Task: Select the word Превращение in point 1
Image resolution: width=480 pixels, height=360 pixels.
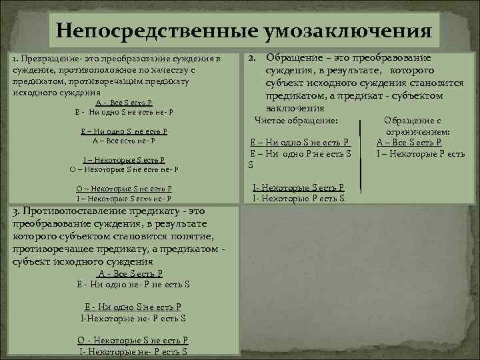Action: [x=46, y=60]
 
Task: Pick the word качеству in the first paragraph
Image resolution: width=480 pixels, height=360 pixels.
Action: [x=171, y=71]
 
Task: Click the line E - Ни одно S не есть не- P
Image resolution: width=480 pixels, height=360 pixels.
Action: [x=124, y=112]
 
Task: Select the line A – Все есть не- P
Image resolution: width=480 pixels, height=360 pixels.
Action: [x=124, y=141]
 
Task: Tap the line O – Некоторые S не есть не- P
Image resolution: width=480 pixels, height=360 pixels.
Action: [x=124, y=169]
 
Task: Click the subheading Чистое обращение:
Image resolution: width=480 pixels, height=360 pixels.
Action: [x=297, y=120]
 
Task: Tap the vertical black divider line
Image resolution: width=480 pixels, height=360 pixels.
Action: [x=361, y=160]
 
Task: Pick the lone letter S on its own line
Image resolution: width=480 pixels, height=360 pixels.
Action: [x=251, y=165]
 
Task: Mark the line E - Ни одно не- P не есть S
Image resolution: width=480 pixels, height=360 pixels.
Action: [x=133, y=284]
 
